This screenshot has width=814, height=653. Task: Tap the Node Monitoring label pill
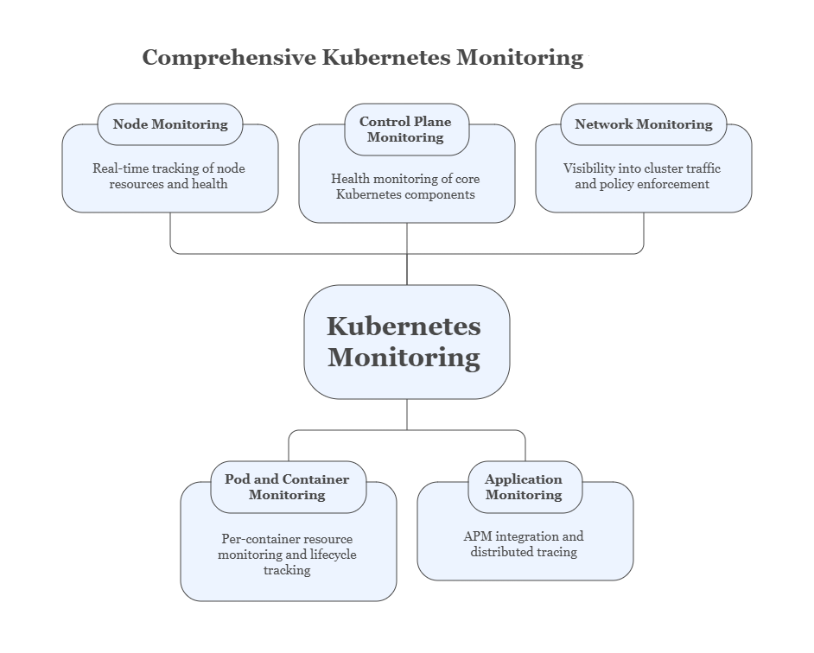pos(170,124)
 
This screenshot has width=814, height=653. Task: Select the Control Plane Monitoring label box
pos(405,130)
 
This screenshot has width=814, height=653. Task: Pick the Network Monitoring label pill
pos(643,124)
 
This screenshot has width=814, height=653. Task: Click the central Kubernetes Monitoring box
pos(406,342)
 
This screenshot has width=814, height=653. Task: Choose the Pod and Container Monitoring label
pos(287,487)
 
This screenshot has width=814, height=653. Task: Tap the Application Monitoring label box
pos(524,487)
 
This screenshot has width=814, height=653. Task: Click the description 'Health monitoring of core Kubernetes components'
pos(405,187)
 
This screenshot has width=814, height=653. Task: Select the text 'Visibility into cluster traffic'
pos(641,169)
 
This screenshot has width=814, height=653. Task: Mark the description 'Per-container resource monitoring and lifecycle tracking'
pos(287,555)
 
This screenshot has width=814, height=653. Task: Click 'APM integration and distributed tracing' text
pos(524,544)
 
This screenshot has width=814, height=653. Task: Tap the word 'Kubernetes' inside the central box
pos(404,326)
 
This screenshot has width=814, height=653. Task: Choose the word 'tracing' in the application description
pos(555,552)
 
